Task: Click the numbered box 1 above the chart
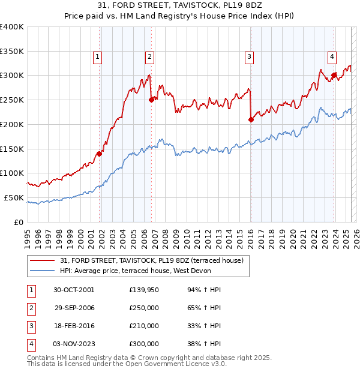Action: [x=97, y=57]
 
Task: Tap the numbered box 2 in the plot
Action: [x=149, y=57]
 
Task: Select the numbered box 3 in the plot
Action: [x=248, y=57]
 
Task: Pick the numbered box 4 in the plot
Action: [x=331, y=57]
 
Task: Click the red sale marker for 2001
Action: [x=100, y=153]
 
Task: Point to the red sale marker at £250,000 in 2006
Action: [x=152, y=100]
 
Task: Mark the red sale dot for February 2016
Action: [x=251, y=119]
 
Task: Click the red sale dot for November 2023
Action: [x=334, y=75]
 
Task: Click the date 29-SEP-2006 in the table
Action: [x=74, y=308]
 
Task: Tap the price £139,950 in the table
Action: [x=143, y=290]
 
